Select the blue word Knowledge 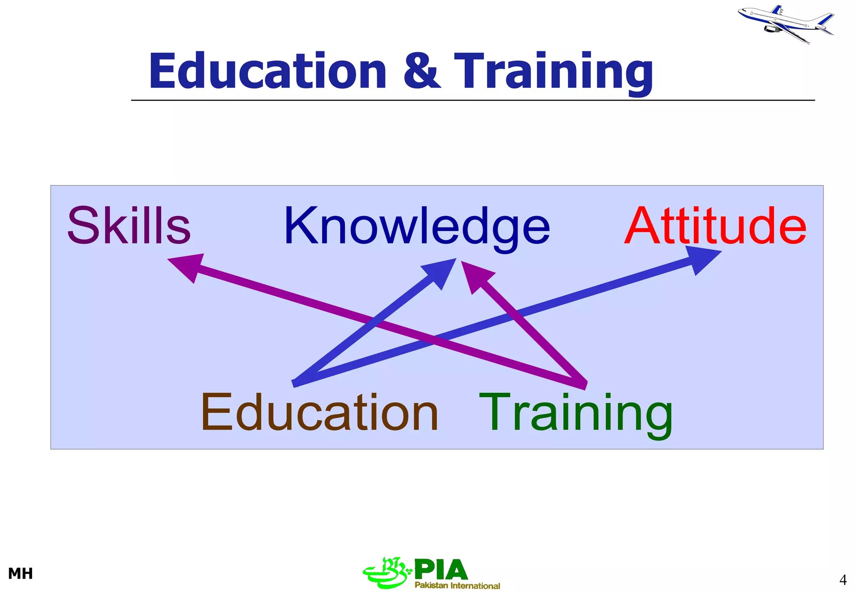[417, 227]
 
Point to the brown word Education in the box [319, 412]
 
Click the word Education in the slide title [268, 71]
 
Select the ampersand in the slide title [422, 71]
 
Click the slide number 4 [842, 580]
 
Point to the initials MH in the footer [20, 574]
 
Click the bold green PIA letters [441, 569]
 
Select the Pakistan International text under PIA [457, 585]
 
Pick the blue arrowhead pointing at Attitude [703, 261]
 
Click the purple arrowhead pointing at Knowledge [476, 276]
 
